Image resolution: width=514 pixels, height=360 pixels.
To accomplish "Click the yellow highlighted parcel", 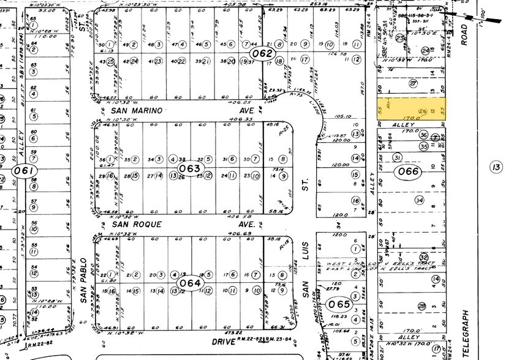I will coord(411,108).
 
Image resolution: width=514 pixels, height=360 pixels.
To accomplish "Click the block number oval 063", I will coord(189,168).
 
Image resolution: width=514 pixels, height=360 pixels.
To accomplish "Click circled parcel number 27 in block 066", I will coord(413,83).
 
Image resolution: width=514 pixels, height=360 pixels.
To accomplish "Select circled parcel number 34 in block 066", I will coord(419,200).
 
